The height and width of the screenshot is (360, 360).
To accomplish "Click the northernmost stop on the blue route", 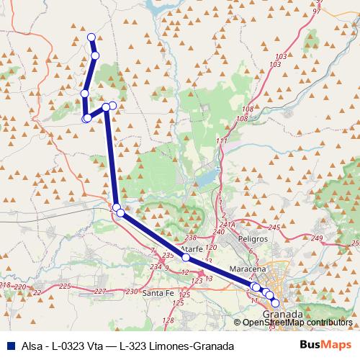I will (91, 37).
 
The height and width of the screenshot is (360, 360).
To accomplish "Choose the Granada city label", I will (283, 315).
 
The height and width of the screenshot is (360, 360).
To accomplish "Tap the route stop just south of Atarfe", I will (185, 257).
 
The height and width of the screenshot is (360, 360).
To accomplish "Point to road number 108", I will (248, 109).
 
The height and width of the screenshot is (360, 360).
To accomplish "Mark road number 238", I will (191, 238).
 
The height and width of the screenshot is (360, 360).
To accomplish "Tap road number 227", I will (100, 292).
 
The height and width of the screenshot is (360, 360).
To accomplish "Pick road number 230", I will (131, 292).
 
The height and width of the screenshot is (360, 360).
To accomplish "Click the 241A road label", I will (228, 225).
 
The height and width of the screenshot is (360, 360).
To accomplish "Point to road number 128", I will (168, 320).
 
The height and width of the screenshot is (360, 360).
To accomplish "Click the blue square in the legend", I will (9, 345).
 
